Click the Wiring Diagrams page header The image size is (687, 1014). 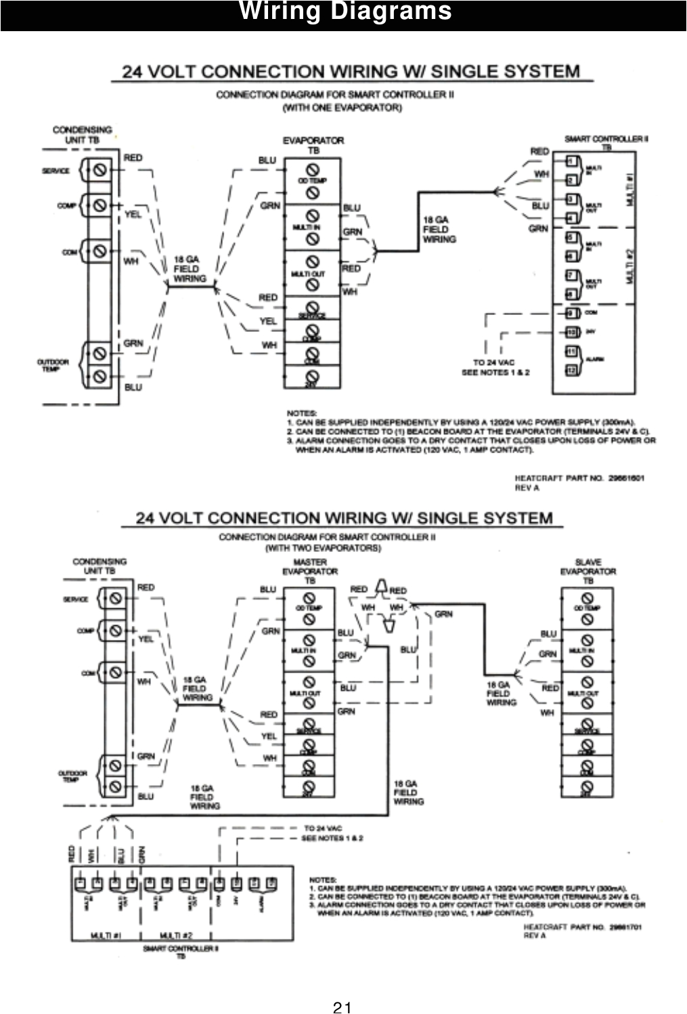(x=345, y=12)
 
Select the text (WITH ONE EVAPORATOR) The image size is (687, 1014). (x=342, y=108)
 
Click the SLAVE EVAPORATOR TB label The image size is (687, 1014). (x=588, y=571)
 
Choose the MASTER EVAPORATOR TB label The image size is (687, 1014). (x=309, y=571)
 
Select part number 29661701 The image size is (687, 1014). (x=625, y=927)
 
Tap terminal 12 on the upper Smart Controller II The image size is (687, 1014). (x=571, y=370)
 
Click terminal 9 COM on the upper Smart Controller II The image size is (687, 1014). (x=571, y=313)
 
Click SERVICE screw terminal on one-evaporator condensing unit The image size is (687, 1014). (x=99, y=170)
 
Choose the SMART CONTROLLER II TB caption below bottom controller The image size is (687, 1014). (x=181, y=952)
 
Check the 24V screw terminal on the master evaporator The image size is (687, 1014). (x=309, y=786)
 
